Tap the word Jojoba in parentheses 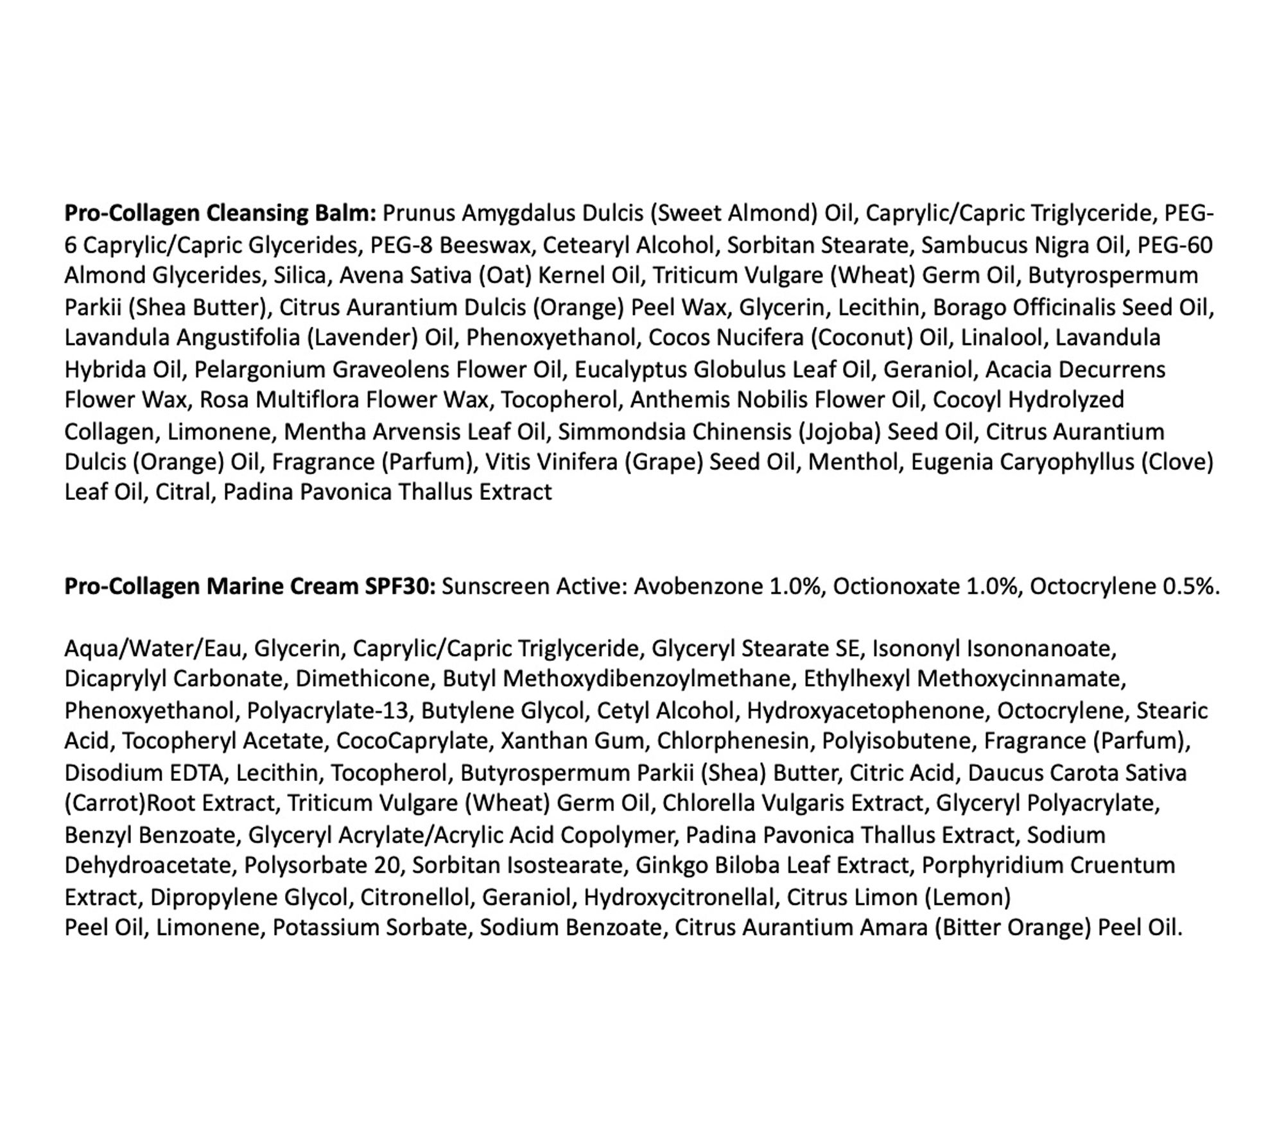(x=838, y=432)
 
